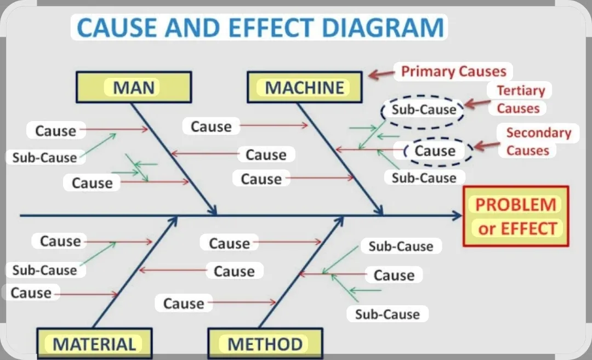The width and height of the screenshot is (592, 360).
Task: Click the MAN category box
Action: coord(134,87)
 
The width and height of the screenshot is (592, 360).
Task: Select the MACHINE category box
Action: coord(305,87)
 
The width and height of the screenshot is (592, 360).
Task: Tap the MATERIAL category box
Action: coord(94,343)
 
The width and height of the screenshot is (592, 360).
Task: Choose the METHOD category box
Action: coord(265,343)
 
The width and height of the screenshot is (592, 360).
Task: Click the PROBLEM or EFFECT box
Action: coord(516,216)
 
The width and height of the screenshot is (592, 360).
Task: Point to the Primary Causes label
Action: coord(453,71)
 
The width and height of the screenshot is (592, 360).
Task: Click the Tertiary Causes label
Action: coord(520,99)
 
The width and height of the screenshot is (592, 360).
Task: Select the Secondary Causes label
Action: coord(538,141)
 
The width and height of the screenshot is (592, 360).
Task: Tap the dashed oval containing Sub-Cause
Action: coord(423,96)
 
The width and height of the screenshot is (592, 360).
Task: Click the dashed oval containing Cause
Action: coord(438,138)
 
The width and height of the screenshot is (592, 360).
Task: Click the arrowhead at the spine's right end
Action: coord(458,216)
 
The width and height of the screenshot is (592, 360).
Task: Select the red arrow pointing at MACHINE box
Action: coord(382,74)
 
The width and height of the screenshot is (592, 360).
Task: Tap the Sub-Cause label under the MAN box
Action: coord(44,157)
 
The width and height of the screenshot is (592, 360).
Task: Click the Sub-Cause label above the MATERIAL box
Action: coord(44,270)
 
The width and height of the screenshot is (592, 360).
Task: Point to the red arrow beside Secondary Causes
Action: coord(487,145)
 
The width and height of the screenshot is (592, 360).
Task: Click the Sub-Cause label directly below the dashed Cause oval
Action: coord(424,178)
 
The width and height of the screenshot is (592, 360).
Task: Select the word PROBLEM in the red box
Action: coord(516,204)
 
